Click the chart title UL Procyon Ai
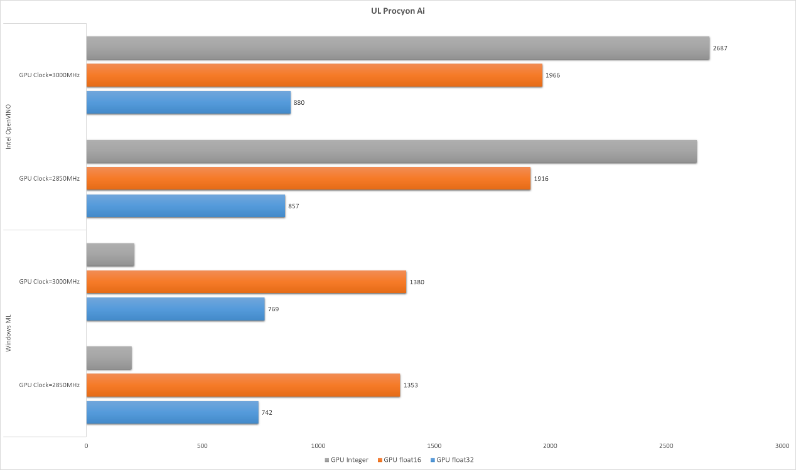point(398,11)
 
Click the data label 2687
point(720,48)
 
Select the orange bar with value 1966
point(314,75)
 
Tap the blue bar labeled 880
point(188,102)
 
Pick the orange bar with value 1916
point(308,179)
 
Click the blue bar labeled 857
point(186,206)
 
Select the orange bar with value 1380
point(246,282)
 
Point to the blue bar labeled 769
point(175,309)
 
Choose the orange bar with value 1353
point(243,385)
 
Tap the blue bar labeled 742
point(172,412)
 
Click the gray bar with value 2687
point(397,48)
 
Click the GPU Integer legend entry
point(347,460)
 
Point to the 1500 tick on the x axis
point(434,446)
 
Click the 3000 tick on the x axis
point(782,446)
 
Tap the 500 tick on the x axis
point(202,446)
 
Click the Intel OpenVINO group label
point(9,127)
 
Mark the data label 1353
point(411,385)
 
